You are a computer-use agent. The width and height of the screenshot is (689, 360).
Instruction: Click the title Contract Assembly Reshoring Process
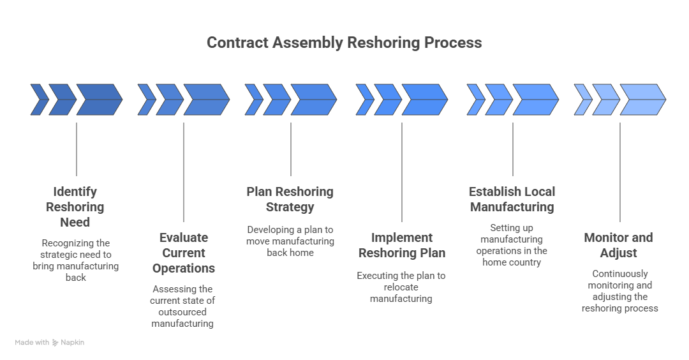(344, 43)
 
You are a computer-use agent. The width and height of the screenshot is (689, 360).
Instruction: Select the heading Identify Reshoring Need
(75, 207)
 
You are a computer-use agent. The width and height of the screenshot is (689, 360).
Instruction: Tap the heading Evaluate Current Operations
(183, 253)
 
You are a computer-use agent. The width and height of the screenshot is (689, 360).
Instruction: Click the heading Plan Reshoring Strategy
(290, 199)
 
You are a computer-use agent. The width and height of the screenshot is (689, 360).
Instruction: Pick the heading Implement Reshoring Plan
(401, 245)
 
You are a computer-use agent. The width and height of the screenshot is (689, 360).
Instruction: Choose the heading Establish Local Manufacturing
(512, 199)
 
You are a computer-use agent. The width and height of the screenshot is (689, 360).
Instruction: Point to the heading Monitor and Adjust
(618, 245)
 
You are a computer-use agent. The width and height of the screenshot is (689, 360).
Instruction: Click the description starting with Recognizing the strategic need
(75, 260)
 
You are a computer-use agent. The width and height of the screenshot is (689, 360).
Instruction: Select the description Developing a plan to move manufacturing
(290, 241)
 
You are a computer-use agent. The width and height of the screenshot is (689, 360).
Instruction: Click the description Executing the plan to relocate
(401, 287)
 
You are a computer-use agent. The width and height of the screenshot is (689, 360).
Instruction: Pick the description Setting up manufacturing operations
(512, 244)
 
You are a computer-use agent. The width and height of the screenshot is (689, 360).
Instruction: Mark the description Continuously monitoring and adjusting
(619, 291)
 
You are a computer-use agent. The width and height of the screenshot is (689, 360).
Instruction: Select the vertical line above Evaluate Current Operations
(184, 172)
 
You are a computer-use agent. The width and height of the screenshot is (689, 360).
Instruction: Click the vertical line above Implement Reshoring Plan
(402, 172)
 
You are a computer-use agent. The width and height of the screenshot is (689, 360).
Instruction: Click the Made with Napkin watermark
(50, 343)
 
